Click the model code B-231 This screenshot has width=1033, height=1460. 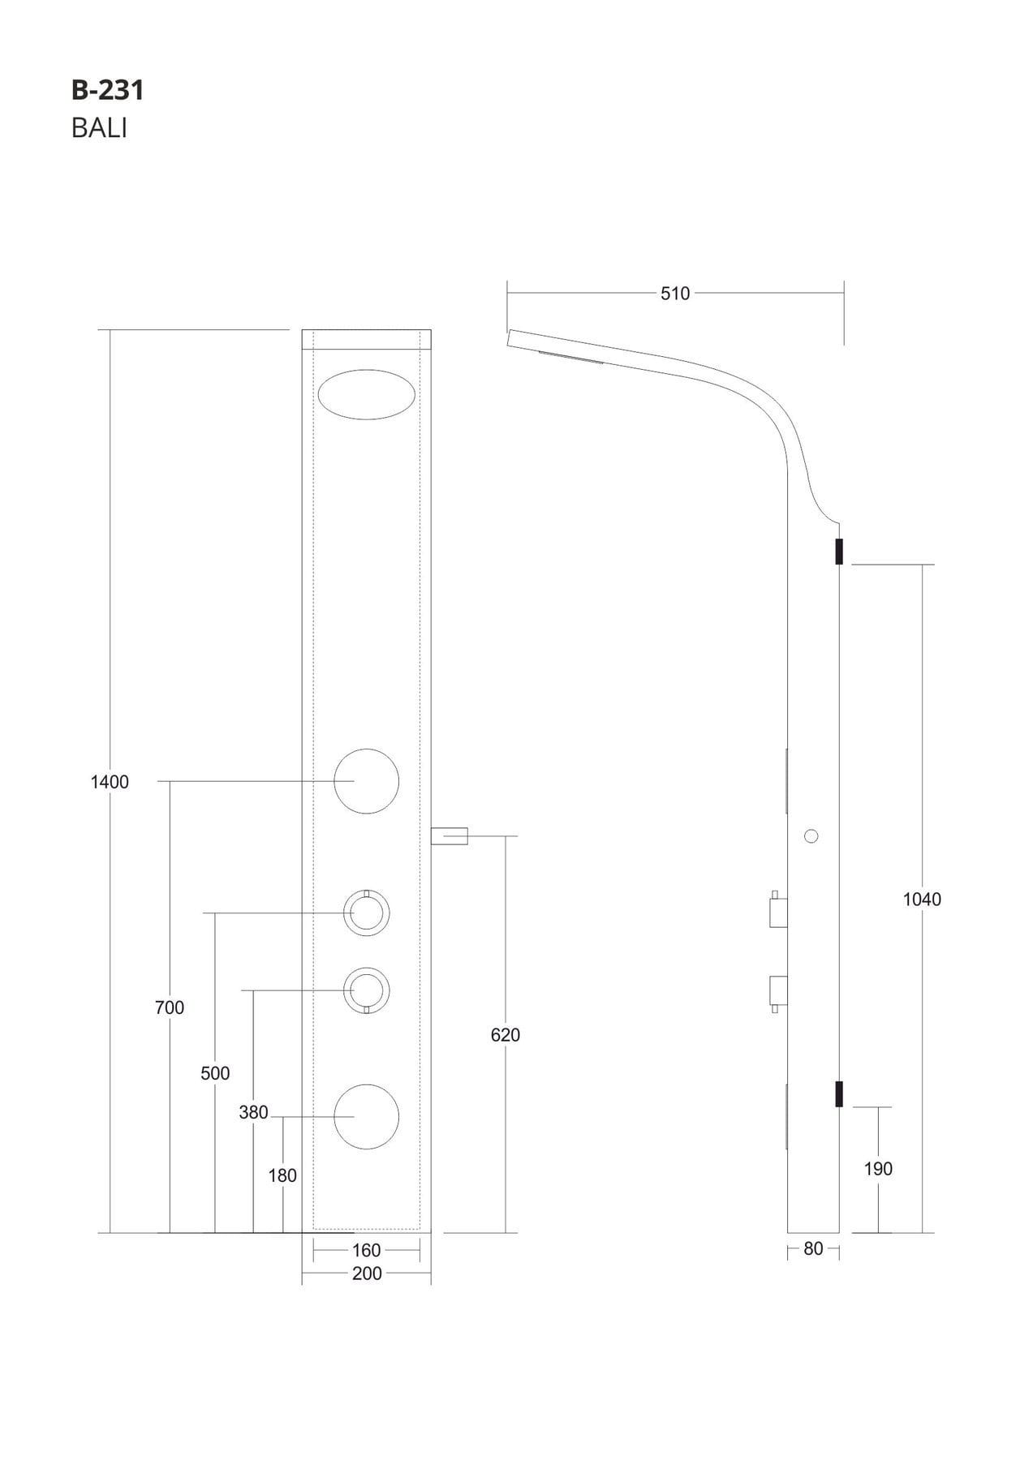click(108, 90)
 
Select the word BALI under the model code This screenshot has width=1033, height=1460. click(99, 128)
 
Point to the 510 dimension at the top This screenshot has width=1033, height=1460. click(675, 294)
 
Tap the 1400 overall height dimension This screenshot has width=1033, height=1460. click(110, 782)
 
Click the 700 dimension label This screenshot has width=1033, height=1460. click(170, 1007)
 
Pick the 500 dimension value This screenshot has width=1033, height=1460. click(215, 1073)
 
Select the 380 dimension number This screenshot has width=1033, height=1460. click(253, 1113)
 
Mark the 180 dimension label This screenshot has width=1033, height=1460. click(282, 1175)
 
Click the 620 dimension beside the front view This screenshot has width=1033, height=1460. click(506, 1035)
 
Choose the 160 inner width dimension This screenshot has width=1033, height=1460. click(367, 1251)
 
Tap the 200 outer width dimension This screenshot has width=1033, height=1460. click(367, 1273)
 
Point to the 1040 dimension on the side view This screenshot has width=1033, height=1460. click(922, 899)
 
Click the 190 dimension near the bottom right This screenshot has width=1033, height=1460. click(878, 1169)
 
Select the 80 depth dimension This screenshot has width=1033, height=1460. click(813, 1249)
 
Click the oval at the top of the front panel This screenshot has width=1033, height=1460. click(367, 395)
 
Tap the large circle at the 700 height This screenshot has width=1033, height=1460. click(367, 781)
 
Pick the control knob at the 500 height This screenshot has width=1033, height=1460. click(367, 913)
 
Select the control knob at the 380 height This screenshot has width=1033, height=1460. click(367, 990)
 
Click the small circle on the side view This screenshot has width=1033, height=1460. click(811, 835)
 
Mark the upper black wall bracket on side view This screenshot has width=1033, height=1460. click(839, 552)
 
